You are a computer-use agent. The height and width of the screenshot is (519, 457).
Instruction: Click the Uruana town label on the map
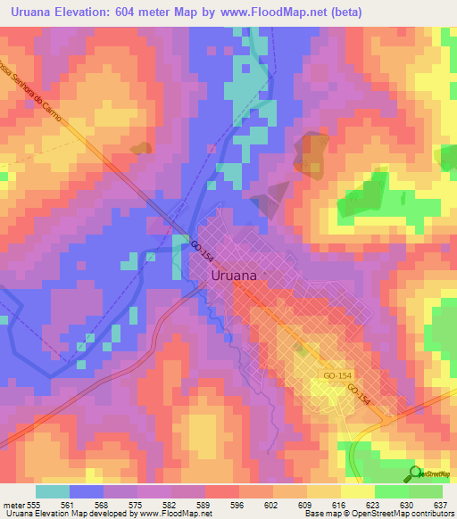234,276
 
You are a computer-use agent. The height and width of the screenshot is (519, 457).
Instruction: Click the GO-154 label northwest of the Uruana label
203,251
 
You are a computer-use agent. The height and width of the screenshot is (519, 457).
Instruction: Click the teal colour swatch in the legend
52,491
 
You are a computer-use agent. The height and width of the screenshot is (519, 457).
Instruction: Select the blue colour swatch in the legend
85,491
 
